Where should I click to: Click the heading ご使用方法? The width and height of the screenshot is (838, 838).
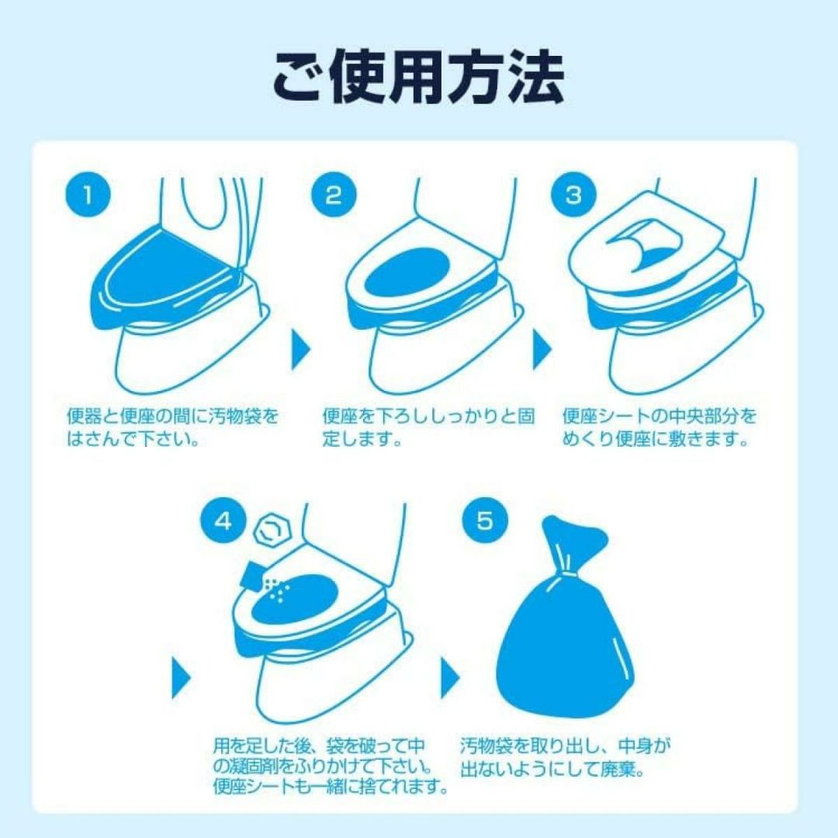(418, 78)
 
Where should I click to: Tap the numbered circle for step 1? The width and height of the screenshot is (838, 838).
(88, 195)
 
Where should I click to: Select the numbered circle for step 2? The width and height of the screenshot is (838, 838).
(334, 195)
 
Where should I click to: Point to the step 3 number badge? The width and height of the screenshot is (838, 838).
(573, 195)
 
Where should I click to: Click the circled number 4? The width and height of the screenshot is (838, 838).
(223, 521)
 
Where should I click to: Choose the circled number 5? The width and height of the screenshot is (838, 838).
(484, 521)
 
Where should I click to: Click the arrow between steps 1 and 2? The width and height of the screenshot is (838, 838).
(300, 350)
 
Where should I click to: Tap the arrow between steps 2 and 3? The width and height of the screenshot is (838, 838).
(542, 350)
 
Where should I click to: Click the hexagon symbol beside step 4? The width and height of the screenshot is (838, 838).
(272, 530)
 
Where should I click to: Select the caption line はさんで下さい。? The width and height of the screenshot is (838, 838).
(133, 438)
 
